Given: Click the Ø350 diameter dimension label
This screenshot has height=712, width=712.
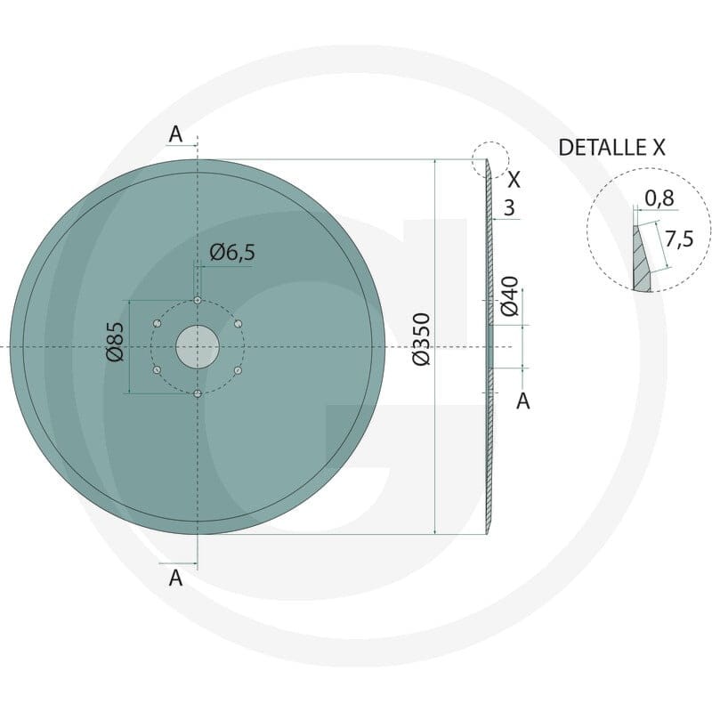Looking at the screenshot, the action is pos(421,339).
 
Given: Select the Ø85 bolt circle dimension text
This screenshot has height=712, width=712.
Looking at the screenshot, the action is pos(115,342).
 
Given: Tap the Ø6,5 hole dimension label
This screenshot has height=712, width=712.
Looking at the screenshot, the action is pos(232,253).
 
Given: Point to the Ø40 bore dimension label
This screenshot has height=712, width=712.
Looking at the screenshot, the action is pos(509,295).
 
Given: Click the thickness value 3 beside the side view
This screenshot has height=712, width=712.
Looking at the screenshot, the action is pos(509,207).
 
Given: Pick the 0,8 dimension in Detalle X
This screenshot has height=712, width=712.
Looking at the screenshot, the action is pos(659,198).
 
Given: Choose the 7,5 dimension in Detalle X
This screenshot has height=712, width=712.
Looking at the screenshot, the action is pos(679,239).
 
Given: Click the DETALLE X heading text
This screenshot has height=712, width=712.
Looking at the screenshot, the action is pos(611,148).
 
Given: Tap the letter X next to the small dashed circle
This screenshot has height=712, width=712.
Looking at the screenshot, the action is pos(514,181).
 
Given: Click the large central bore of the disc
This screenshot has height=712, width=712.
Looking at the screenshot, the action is pos(198,347).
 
